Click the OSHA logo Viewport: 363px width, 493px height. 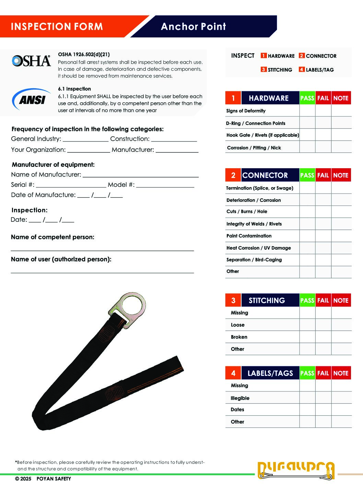coord(31,61)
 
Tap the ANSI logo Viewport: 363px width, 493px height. coord(32,100)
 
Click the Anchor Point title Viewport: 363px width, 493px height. coord(194,26)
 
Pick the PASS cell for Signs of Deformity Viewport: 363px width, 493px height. coord(307,111)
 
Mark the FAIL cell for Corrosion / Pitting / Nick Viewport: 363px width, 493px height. coord(323,147)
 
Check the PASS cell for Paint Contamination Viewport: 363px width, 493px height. coord(307,236)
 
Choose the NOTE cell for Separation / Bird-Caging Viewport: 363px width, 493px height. coord(341,260)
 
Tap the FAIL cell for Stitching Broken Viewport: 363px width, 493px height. coord(323,337)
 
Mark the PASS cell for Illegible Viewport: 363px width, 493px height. coord(307,398)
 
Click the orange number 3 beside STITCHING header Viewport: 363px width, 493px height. coord(233,300)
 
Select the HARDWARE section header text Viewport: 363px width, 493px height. coord(269,98)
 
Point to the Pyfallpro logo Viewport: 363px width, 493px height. coord(296,470)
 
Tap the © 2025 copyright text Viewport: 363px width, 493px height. coord(23,479)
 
